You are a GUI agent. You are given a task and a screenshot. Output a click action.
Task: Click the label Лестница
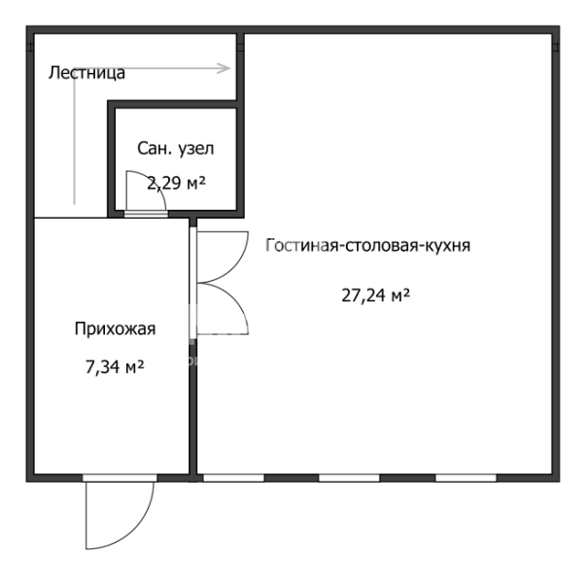click(86, 73)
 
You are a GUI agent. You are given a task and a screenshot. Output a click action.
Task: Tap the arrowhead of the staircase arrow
click(225, 68)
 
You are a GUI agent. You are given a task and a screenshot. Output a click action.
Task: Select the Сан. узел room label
click(176, 149)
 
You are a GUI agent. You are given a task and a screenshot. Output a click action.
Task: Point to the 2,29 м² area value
click(176, 183)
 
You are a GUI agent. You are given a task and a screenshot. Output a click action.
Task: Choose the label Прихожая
click(115, 328)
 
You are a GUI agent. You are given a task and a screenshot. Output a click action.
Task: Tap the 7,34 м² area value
click(115, 366)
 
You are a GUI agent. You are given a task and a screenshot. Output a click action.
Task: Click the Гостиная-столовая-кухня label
click(367, 245)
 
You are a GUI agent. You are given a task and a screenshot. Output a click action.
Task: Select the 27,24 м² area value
click(375, 295)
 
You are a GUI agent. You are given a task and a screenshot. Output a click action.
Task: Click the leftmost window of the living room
click(233, 478)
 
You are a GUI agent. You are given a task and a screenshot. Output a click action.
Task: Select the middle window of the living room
click(349, 478)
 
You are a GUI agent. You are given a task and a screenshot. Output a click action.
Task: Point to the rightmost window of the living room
click(466, 478)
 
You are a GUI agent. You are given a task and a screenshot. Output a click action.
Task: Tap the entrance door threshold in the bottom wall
click(120, 478)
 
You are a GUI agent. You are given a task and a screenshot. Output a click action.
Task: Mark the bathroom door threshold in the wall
click(146, 214)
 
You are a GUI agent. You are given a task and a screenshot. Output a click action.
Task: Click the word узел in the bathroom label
click(195, 149)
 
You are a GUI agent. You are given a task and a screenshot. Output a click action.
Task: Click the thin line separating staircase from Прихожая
click(71, 218)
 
